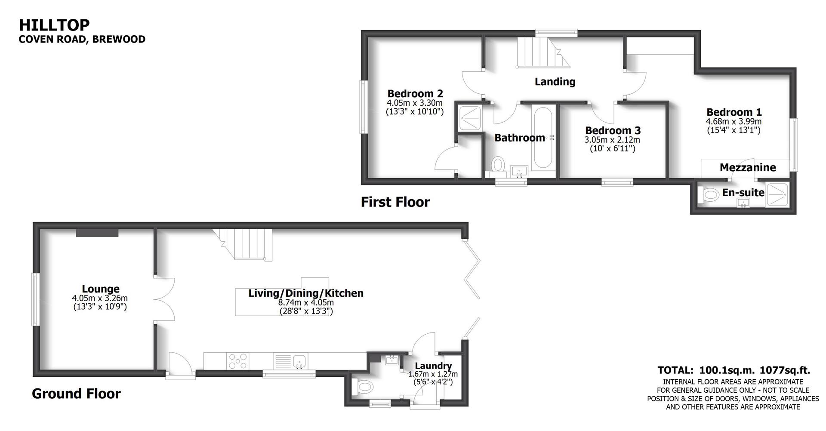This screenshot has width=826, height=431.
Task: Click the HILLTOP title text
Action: point(54,25)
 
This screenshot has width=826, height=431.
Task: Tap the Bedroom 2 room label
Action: point(415,94)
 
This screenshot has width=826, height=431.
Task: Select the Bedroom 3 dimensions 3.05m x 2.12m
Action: point(612,140)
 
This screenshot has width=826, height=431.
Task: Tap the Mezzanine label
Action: point(747,168)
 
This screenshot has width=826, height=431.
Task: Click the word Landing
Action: point(555,82)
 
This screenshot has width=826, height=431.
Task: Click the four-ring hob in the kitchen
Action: point(238,361)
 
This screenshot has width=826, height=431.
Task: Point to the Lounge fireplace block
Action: point(97,233)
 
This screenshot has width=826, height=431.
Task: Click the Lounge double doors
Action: point(165,299)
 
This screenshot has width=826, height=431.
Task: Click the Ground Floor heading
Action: point(76,394)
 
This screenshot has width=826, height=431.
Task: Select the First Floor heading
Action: point(395,202)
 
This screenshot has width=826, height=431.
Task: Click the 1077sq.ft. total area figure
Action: point(785,370)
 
